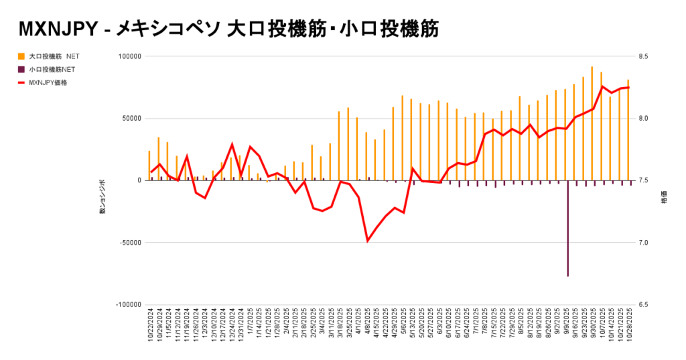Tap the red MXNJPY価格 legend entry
pos(48,82)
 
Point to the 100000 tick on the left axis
pos(129,56)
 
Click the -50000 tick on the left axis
pos(129,243)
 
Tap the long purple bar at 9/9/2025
pos(567,228)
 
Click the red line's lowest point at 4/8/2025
pos(367,240)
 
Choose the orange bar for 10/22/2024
pos(149,166)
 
